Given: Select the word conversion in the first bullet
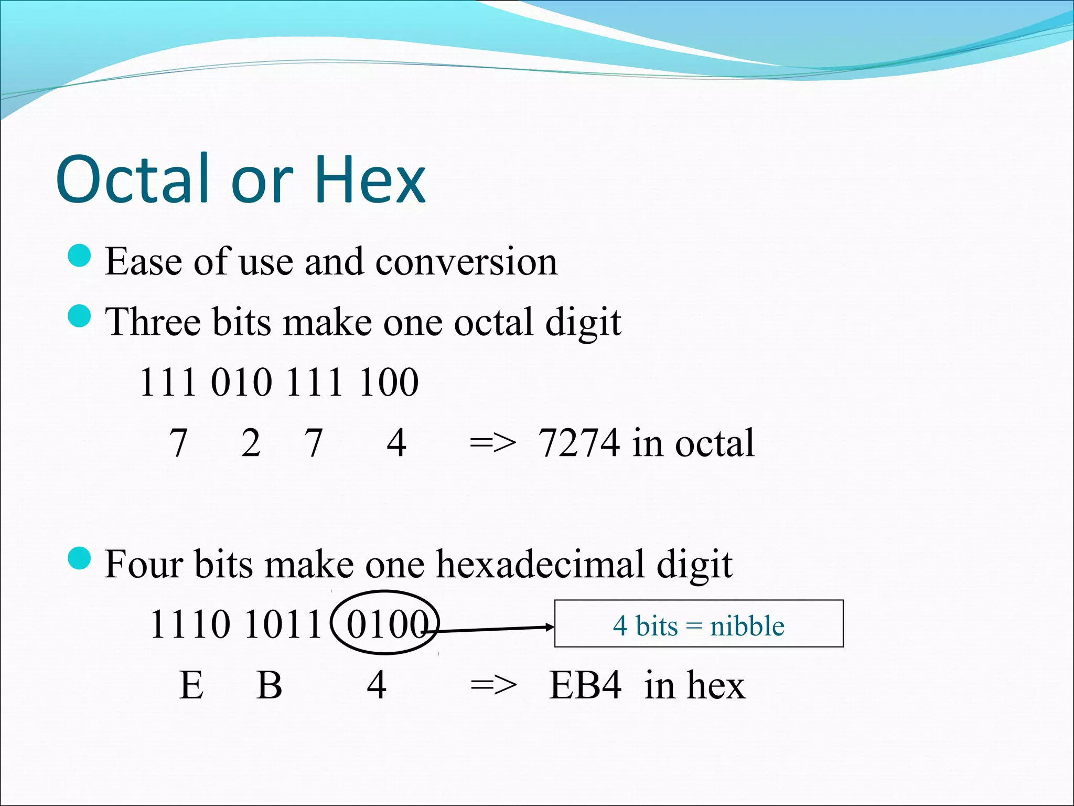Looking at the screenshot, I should (466, 261).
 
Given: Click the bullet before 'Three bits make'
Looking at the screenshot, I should (80, 316).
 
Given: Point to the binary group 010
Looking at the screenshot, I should (241, 382).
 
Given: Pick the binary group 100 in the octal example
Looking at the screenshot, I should (389, 382).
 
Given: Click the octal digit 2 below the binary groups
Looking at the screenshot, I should (251, 443).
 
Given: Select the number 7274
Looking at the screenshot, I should (579, 443).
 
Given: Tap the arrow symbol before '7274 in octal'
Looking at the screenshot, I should (493, 443).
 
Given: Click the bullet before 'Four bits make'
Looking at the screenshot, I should (80, 558).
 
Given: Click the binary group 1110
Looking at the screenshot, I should (190, 624).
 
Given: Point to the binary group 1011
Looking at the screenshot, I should (283, 624).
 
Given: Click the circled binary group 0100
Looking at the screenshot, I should (385, 624).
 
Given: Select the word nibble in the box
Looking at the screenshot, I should (747, 626).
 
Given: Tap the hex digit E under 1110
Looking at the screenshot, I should (191, 685).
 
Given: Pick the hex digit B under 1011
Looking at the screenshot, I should (270, 685).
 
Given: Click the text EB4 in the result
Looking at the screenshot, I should (585, 685).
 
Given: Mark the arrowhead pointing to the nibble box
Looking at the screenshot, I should (550, 627).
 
